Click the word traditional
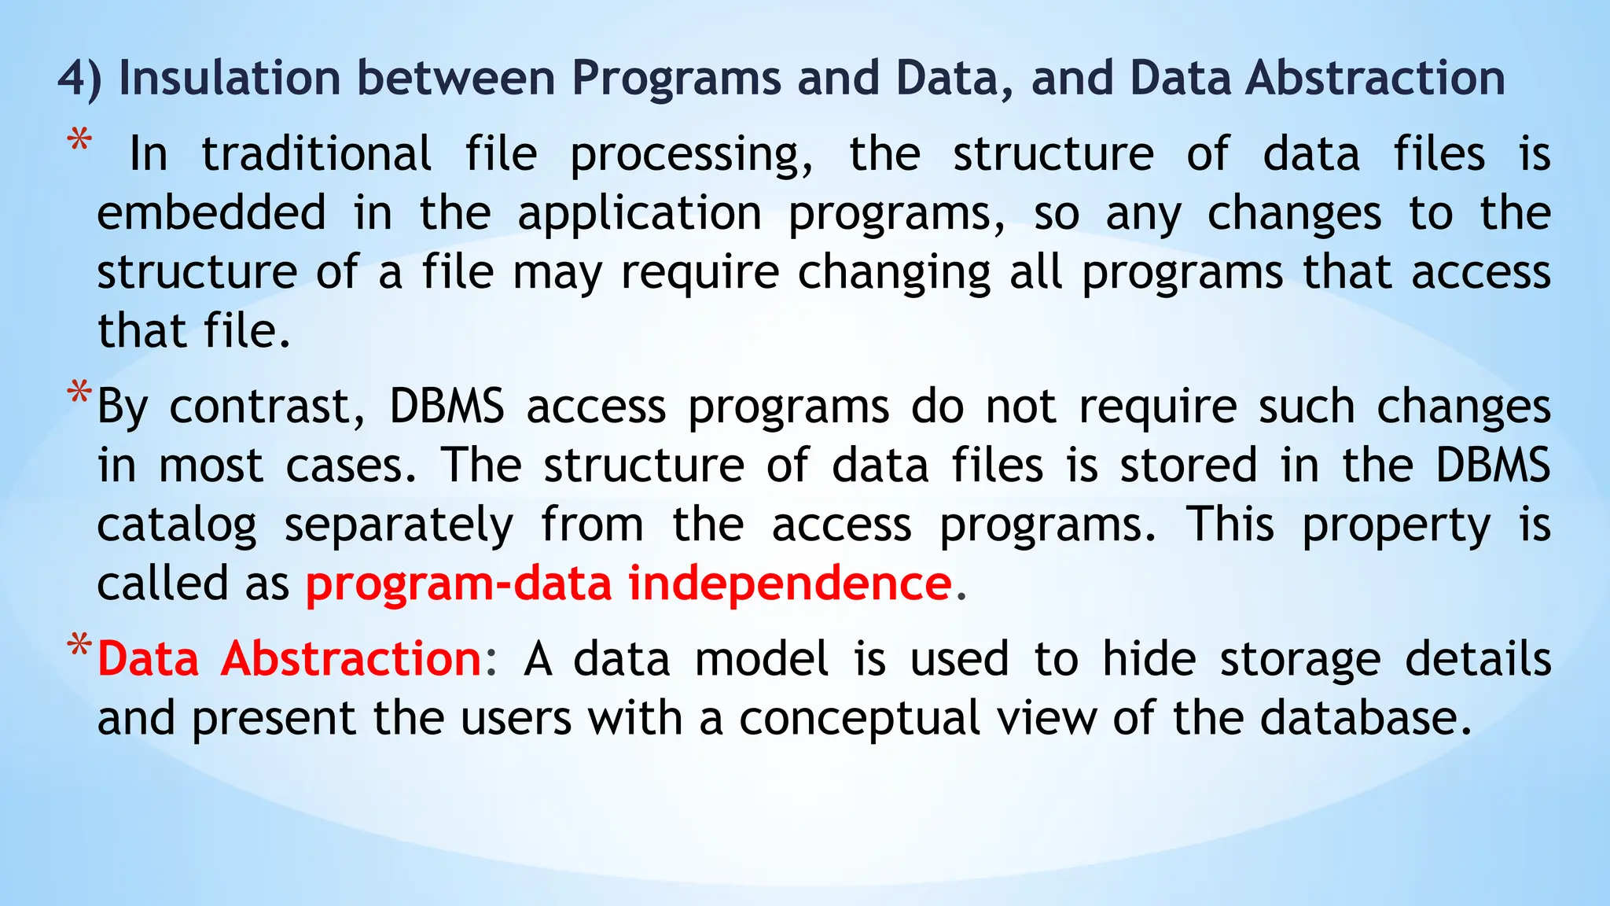[x=316, y=153]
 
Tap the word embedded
[x=211, y=213]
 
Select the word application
[x=639, y=215]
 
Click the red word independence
[x=790, y=584]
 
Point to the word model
[x=761, y=658]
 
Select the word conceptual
[x=859, y=719]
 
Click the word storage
[x=1299, y=659]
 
